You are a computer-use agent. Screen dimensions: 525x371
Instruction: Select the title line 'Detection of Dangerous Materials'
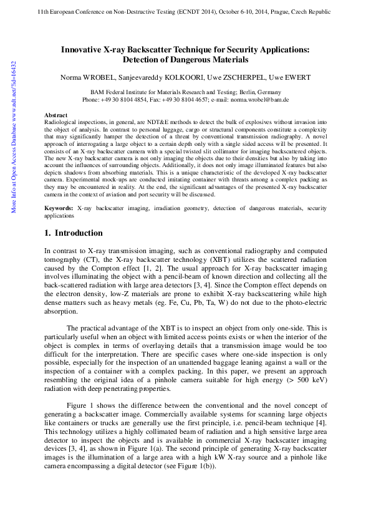pyautogui.click(x=185, y=60)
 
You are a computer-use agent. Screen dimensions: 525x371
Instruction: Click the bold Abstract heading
pyautogui.click(x=56, y=115)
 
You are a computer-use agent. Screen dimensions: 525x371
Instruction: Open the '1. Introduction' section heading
pyautogui.click(x=74, y=233)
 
